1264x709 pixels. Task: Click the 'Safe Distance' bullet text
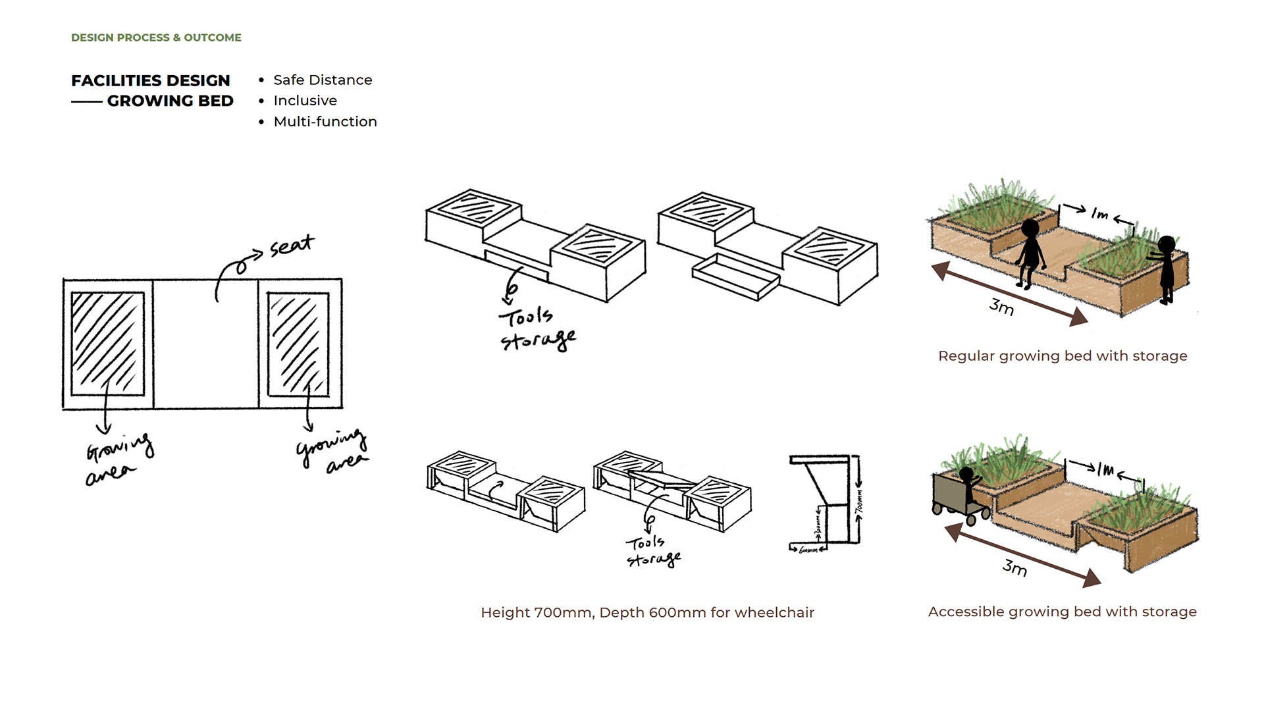click(x=323, y=80)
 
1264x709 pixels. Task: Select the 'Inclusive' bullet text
click(x=305, y=101)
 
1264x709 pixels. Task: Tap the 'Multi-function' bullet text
click(x=325, y=122)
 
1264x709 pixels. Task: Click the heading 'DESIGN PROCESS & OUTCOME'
click(x=156, y=38)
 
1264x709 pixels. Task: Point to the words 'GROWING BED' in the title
click(x=170, y=101)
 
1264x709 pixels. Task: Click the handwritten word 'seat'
click(x=292, y=246)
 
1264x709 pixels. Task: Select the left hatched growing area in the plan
click(x=107, y=344)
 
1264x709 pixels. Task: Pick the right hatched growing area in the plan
click(x=298, y=344)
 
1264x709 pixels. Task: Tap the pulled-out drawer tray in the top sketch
click(x=735, y=276)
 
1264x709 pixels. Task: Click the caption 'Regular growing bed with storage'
click(x=1063, y=356)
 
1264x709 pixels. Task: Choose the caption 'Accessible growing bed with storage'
click(x=1062, y=612)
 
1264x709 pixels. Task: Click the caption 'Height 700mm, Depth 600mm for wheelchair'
click(x=647, y=613)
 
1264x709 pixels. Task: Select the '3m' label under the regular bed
click(x=1001, y=307)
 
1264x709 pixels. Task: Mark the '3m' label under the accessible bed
click(x=1014, y=567)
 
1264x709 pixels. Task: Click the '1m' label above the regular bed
click(x=1100, y=214)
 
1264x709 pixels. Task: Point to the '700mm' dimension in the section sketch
click(x=858, y=502)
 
